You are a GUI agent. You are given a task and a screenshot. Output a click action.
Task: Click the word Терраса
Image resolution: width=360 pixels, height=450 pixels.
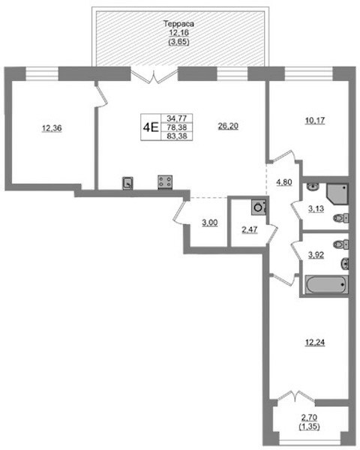pyautogui.click(x=178, y=23)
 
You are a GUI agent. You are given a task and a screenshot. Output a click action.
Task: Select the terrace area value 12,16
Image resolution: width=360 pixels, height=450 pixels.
pyautogui.click(x=178, y=33)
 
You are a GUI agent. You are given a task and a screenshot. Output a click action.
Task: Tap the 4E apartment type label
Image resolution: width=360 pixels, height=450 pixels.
pyautogui.click(x=151, y=127)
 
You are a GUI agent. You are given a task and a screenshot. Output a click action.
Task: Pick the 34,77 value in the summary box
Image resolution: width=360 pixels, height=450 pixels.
pyautogui.click(x=177, y=118)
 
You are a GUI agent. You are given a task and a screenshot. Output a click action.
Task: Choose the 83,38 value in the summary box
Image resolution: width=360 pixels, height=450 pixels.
pyautogui.click(x=177, y=136)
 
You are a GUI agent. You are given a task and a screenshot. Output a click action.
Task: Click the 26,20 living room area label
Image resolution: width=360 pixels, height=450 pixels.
pyautogui.click(x=228, y=126)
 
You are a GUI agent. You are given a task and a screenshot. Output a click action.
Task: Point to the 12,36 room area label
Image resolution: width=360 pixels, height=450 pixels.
pyautogui.click(x=52, y=128)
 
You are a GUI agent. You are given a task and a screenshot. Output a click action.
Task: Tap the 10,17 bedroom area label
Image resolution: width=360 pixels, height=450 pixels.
pyautogui.click(x=315, y=121)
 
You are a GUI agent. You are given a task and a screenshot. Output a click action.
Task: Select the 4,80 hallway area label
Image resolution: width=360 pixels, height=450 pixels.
pyautogui.click(x=284, y=182)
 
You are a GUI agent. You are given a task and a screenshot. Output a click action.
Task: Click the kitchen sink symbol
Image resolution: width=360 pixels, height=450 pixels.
pyautogui.click(x=127, y=183)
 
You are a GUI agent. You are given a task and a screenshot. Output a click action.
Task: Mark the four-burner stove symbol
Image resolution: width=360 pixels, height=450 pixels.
pyautogui.click(x=165, y=182)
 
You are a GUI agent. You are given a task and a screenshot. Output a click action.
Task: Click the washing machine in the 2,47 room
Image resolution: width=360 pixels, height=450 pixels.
pyautogui.click(x=259, y=207)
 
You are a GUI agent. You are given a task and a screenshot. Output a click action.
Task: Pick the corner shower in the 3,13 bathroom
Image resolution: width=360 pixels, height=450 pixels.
pyautogui.click(x=337, y=193)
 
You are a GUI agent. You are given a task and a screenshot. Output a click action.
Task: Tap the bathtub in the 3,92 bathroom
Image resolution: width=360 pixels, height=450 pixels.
pyautogui.click(x=327, y=285)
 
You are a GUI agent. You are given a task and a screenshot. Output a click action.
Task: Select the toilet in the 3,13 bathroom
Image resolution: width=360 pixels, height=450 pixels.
pyautogui.click(x=340, y=218)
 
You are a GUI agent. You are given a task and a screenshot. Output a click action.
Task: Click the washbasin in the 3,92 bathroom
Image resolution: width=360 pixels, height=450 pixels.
pyautogui.click(x=345, y=264)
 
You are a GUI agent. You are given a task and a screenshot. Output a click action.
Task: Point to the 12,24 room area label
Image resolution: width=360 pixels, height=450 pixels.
pyautogui.click(x=315, y=343)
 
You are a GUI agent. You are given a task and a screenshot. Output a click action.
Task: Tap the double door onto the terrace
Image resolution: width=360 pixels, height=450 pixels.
pyautogui.click(x=154, y=76)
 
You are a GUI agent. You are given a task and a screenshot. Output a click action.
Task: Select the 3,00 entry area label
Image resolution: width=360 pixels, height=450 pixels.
pyautogui.click(x=209, y=223)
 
